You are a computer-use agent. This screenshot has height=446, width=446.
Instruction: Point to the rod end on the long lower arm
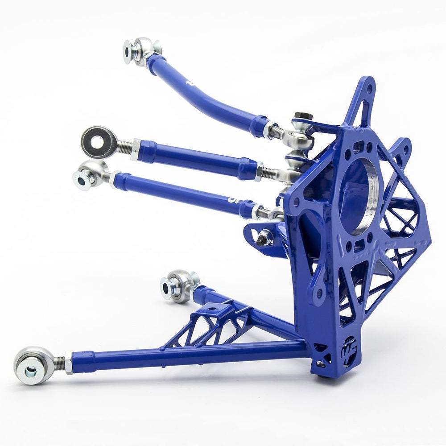[x=31, y=364]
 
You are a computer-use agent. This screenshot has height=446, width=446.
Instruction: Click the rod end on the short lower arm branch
[x=179, y=285]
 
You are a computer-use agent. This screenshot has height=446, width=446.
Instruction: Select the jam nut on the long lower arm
[x=68, y=362]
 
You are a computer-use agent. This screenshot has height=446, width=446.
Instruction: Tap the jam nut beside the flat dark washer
[x=135, y=149]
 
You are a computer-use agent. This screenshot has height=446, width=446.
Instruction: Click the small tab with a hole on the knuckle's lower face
[x=318, y=292]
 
